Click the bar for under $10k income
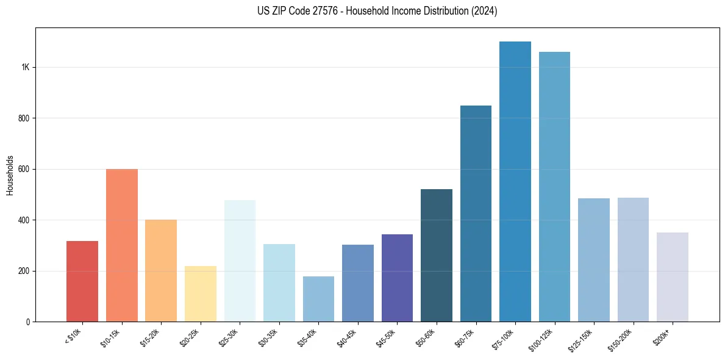click(82, 281)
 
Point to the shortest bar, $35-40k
click(318, 299)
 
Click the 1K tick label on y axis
click(26, 67)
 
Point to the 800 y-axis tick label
click(24, 118)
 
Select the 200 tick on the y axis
click(24, 271)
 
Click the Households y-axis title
click(10, 175)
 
